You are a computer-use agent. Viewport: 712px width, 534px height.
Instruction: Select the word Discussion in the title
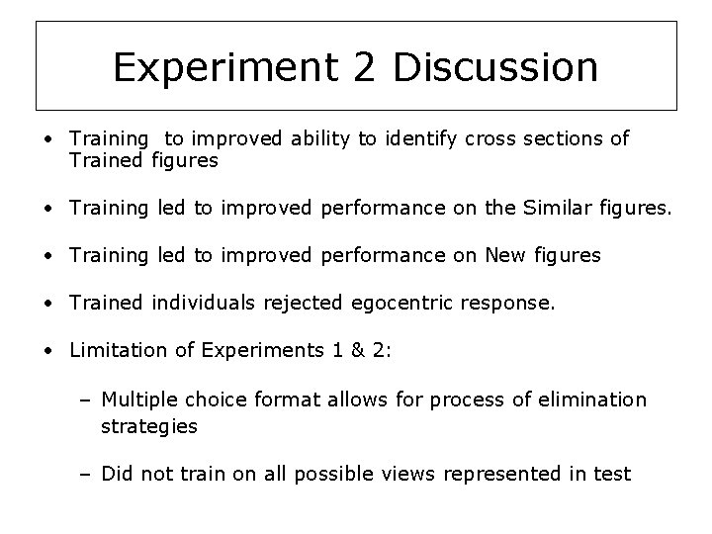(495, 67)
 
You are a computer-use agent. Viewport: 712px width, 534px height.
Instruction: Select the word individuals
(202, 303)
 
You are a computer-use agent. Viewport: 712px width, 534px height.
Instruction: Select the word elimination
(599, 400)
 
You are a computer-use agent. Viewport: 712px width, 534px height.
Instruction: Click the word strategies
(148, 426)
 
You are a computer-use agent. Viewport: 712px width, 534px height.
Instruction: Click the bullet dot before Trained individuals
(48, 304)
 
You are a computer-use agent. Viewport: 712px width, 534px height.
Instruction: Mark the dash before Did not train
(86, 474)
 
